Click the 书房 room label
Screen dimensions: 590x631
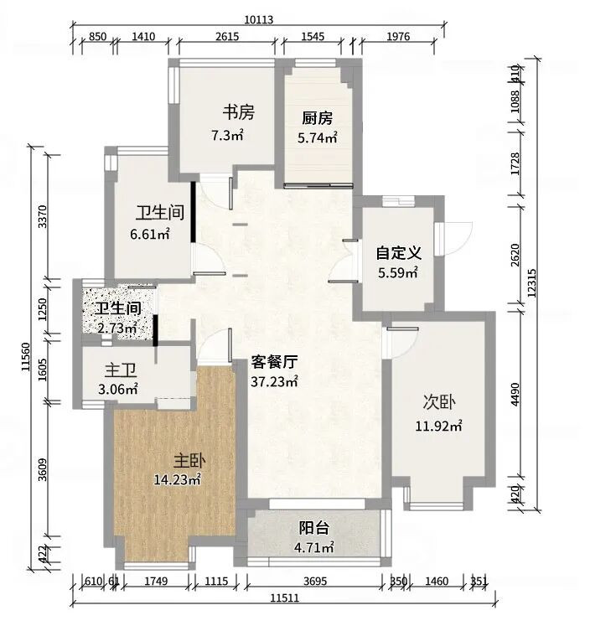click(239, 112)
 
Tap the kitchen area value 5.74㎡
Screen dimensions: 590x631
click(318, 138)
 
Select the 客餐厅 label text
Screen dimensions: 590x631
click(274, 362)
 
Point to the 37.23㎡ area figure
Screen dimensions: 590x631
click(274, 381)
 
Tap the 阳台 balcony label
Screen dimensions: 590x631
click(314, 528)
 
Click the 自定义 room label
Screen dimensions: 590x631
click(398, 253)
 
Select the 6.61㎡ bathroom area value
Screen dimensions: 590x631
click(150, 234)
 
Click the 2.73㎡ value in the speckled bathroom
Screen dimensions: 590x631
click(117, 328)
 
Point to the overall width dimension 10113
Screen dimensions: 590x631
click(259, 19)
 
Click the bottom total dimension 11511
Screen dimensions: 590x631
click(285, 597)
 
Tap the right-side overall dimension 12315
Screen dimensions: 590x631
click(531, 283)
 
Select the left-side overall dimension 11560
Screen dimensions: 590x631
click(26, 356)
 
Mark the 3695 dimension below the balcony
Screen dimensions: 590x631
click(315, 581)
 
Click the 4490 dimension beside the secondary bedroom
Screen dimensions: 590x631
click(515, 395)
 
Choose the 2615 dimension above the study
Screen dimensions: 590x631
click(227, 37)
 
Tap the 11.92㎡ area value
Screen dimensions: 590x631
click(438, 426)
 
